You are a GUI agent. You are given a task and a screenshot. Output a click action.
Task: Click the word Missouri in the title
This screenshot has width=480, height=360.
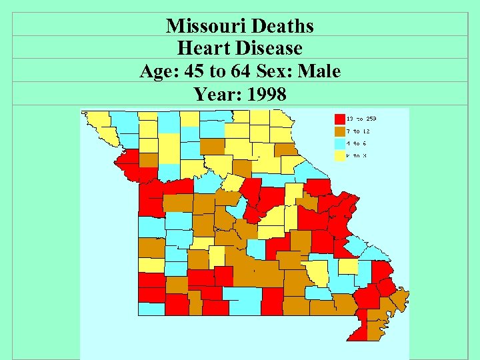pos(203,26)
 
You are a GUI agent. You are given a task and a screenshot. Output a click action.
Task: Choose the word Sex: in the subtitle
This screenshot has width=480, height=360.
pos(276,71)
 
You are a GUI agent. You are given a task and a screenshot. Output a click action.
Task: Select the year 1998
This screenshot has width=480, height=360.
pos(267,95)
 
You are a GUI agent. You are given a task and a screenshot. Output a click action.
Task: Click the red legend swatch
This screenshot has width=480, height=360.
pos(340,119)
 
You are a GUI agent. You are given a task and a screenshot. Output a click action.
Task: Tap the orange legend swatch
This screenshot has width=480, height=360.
pos(340,131)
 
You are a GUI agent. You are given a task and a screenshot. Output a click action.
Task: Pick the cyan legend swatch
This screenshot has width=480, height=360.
pos(340,143)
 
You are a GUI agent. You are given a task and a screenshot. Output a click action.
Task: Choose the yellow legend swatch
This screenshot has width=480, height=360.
pos(340,156)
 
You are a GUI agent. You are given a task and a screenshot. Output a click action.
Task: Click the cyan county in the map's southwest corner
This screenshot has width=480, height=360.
pos(151,309)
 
